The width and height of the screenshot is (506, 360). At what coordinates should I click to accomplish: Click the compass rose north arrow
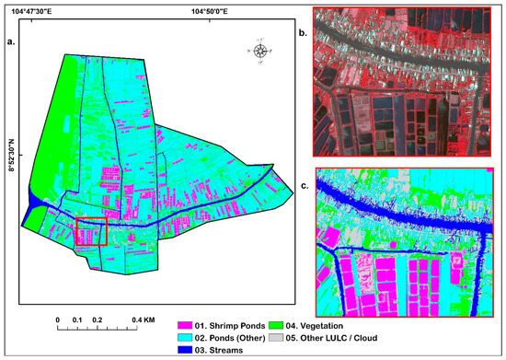(261, 51)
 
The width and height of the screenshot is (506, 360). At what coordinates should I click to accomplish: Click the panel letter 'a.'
(12, 41)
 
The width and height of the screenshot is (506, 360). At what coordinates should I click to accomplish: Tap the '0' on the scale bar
(57, 320)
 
